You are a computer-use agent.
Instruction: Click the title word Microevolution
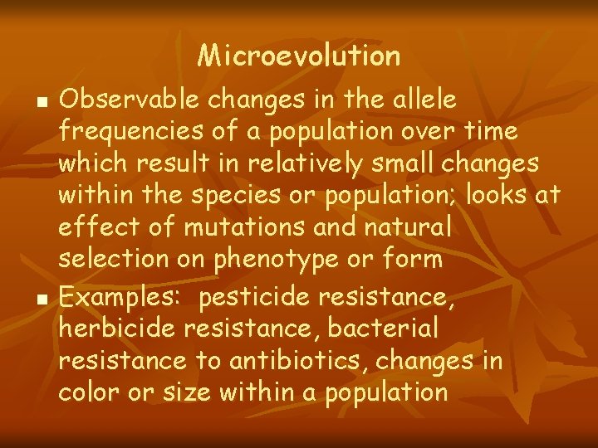pos(299,56)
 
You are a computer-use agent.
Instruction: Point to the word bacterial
pos(383,328)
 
